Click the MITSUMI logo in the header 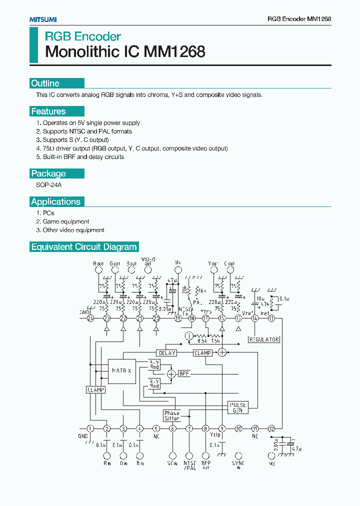(x=42, y=19)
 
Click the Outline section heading (x=45, y=83)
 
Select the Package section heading (x=48, y=173)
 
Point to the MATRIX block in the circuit (x=122, y=371)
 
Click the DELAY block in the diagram (x=166, y=353)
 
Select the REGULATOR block (x=264, y=339)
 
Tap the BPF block (x=184, y=373)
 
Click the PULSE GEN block (x=237, y=407)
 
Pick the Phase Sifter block (x=171, y=416)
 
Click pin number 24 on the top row (x=90, y=318)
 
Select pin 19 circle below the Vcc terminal (x=178, y=318)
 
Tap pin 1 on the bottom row (x=90, y=428)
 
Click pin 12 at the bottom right (x=271, y=428)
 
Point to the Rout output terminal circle (x=98, y=270)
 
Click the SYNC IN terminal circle (x=238, y=455)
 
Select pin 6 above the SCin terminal (x=172, y=428)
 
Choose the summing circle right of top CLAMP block (x=222, y=352)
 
